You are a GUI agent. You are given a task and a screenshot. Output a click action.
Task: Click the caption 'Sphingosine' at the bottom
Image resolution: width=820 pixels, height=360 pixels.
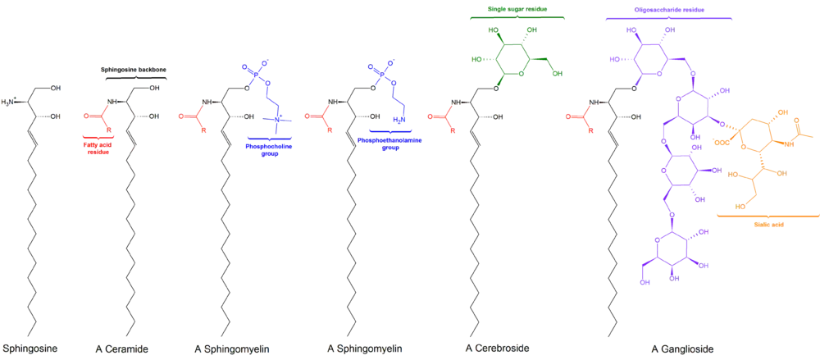coord(30,348)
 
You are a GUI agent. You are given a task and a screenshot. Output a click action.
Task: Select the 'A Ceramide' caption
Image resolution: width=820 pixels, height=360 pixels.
coord(121,348)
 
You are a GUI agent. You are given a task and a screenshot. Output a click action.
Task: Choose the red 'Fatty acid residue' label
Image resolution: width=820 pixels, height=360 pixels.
coord(99,148)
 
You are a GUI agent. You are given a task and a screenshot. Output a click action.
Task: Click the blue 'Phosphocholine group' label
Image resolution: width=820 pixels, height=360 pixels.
coord(269,150)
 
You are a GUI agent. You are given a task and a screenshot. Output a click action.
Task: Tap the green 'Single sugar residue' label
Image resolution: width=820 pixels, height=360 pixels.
coord(517,9)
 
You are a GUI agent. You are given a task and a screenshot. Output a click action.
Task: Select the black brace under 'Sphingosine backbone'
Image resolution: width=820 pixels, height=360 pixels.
coord(136,78)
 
